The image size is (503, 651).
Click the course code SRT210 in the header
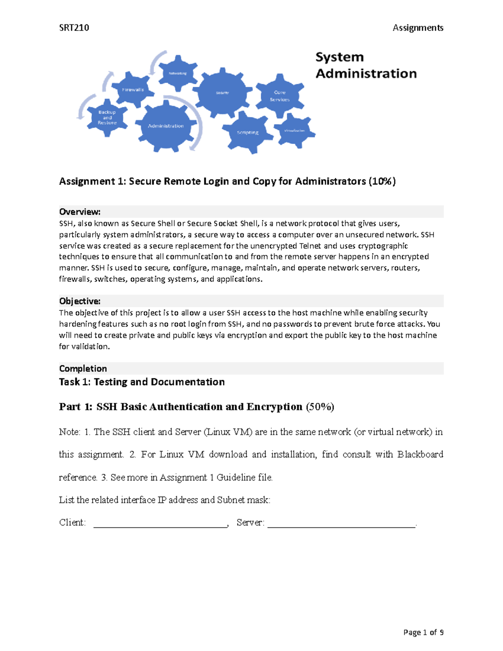click(74, 28)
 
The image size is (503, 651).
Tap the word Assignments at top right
click(417, 28)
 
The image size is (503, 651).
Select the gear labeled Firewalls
click(133, 89)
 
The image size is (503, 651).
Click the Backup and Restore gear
click(107, 118)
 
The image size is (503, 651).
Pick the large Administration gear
click(166, 126)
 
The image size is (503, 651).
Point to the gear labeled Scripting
click(248, 132)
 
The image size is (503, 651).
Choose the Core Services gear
click(280, 96)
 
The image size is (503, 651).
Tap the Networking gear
click(178, 73)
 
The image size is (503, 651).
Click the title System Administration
click(366, 65)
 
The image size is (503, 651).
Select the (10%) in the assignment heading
click(382, 181)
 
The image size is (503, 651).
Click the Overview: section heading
click(80, 212)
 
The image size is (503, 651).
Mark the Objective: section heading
click(80, 301)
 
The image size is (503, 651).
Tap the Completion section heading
click(83, 368)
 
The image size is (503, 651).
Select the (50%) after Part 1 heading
click(320, 407)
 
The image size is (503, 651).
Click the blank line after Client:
click(160, 523)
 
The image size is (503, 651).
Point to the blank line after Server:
click(341, 523)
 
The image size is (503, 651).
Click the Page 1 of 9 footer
click(423, 632)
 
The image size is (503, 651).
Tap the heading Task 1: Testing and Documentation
click(142, 382)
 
